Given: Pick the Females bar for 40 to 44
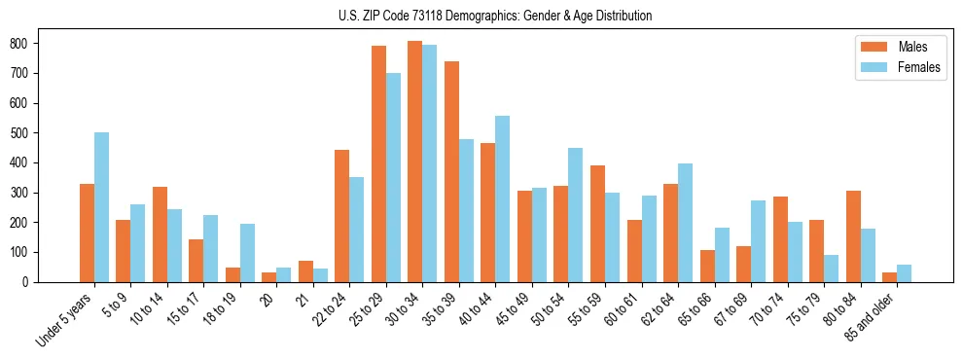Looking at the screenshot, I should click(502, 198).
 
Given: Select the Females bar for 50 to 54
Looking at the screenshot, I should click(575, 215).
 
